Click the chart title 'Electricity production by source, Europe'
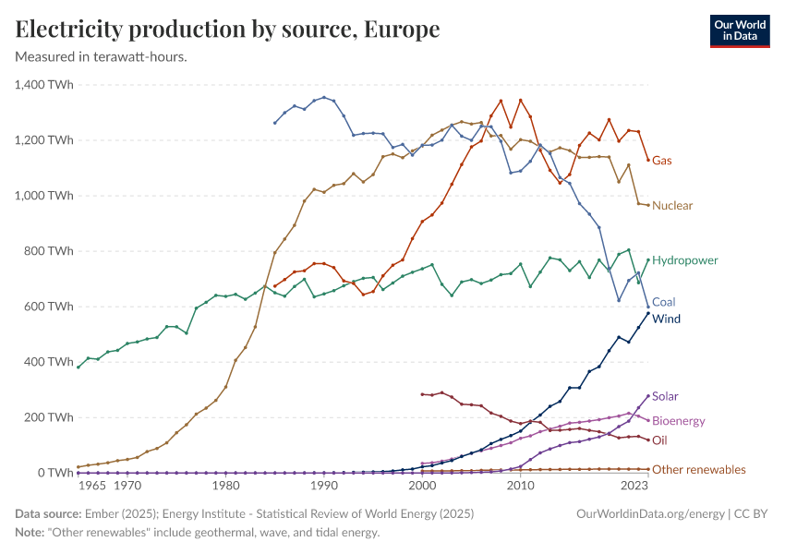(x=227, y=30)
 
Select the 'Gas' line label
(x=661, y=161)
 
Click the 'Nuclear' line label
(x=672, y=205)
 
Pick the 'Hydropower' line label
(x=684, y=260)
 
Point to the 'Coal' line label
(x=663, y=302)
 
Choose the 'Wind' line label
(x=665, y=319)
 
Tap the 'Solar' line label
(x=665, y=396)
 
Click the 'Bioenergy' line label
(x=678, y=421)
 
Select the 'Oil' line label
(x=659, y=440)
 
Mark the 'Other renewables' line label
(x=698, y=470)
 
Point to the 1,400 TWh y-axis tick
(x=44, y=85)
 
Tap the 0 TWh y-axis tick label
(x=54, y=473)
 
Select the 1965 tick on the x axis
(x=91, y=485)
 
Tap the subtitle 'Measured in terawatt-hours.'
(x=102, y=57)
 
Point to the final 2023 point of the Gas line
(x=647, y=160)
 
